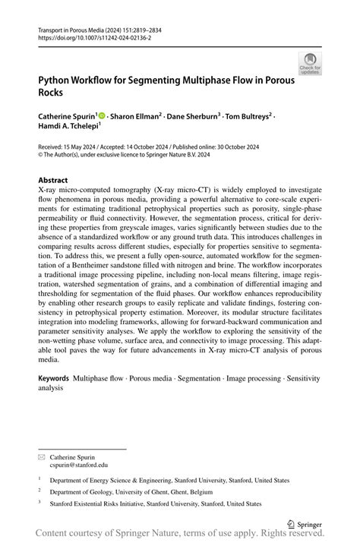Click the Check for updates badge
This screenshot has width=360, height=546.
point(309,63)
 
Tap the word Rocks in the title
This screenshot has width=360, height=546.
point(52,92)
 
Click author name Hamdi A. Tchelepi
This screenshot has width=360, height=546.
point(68,128)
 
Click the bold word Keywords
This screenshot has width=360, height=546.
point(53,378)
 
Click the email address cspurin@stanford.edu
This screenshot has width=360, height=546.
point(79,465)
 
